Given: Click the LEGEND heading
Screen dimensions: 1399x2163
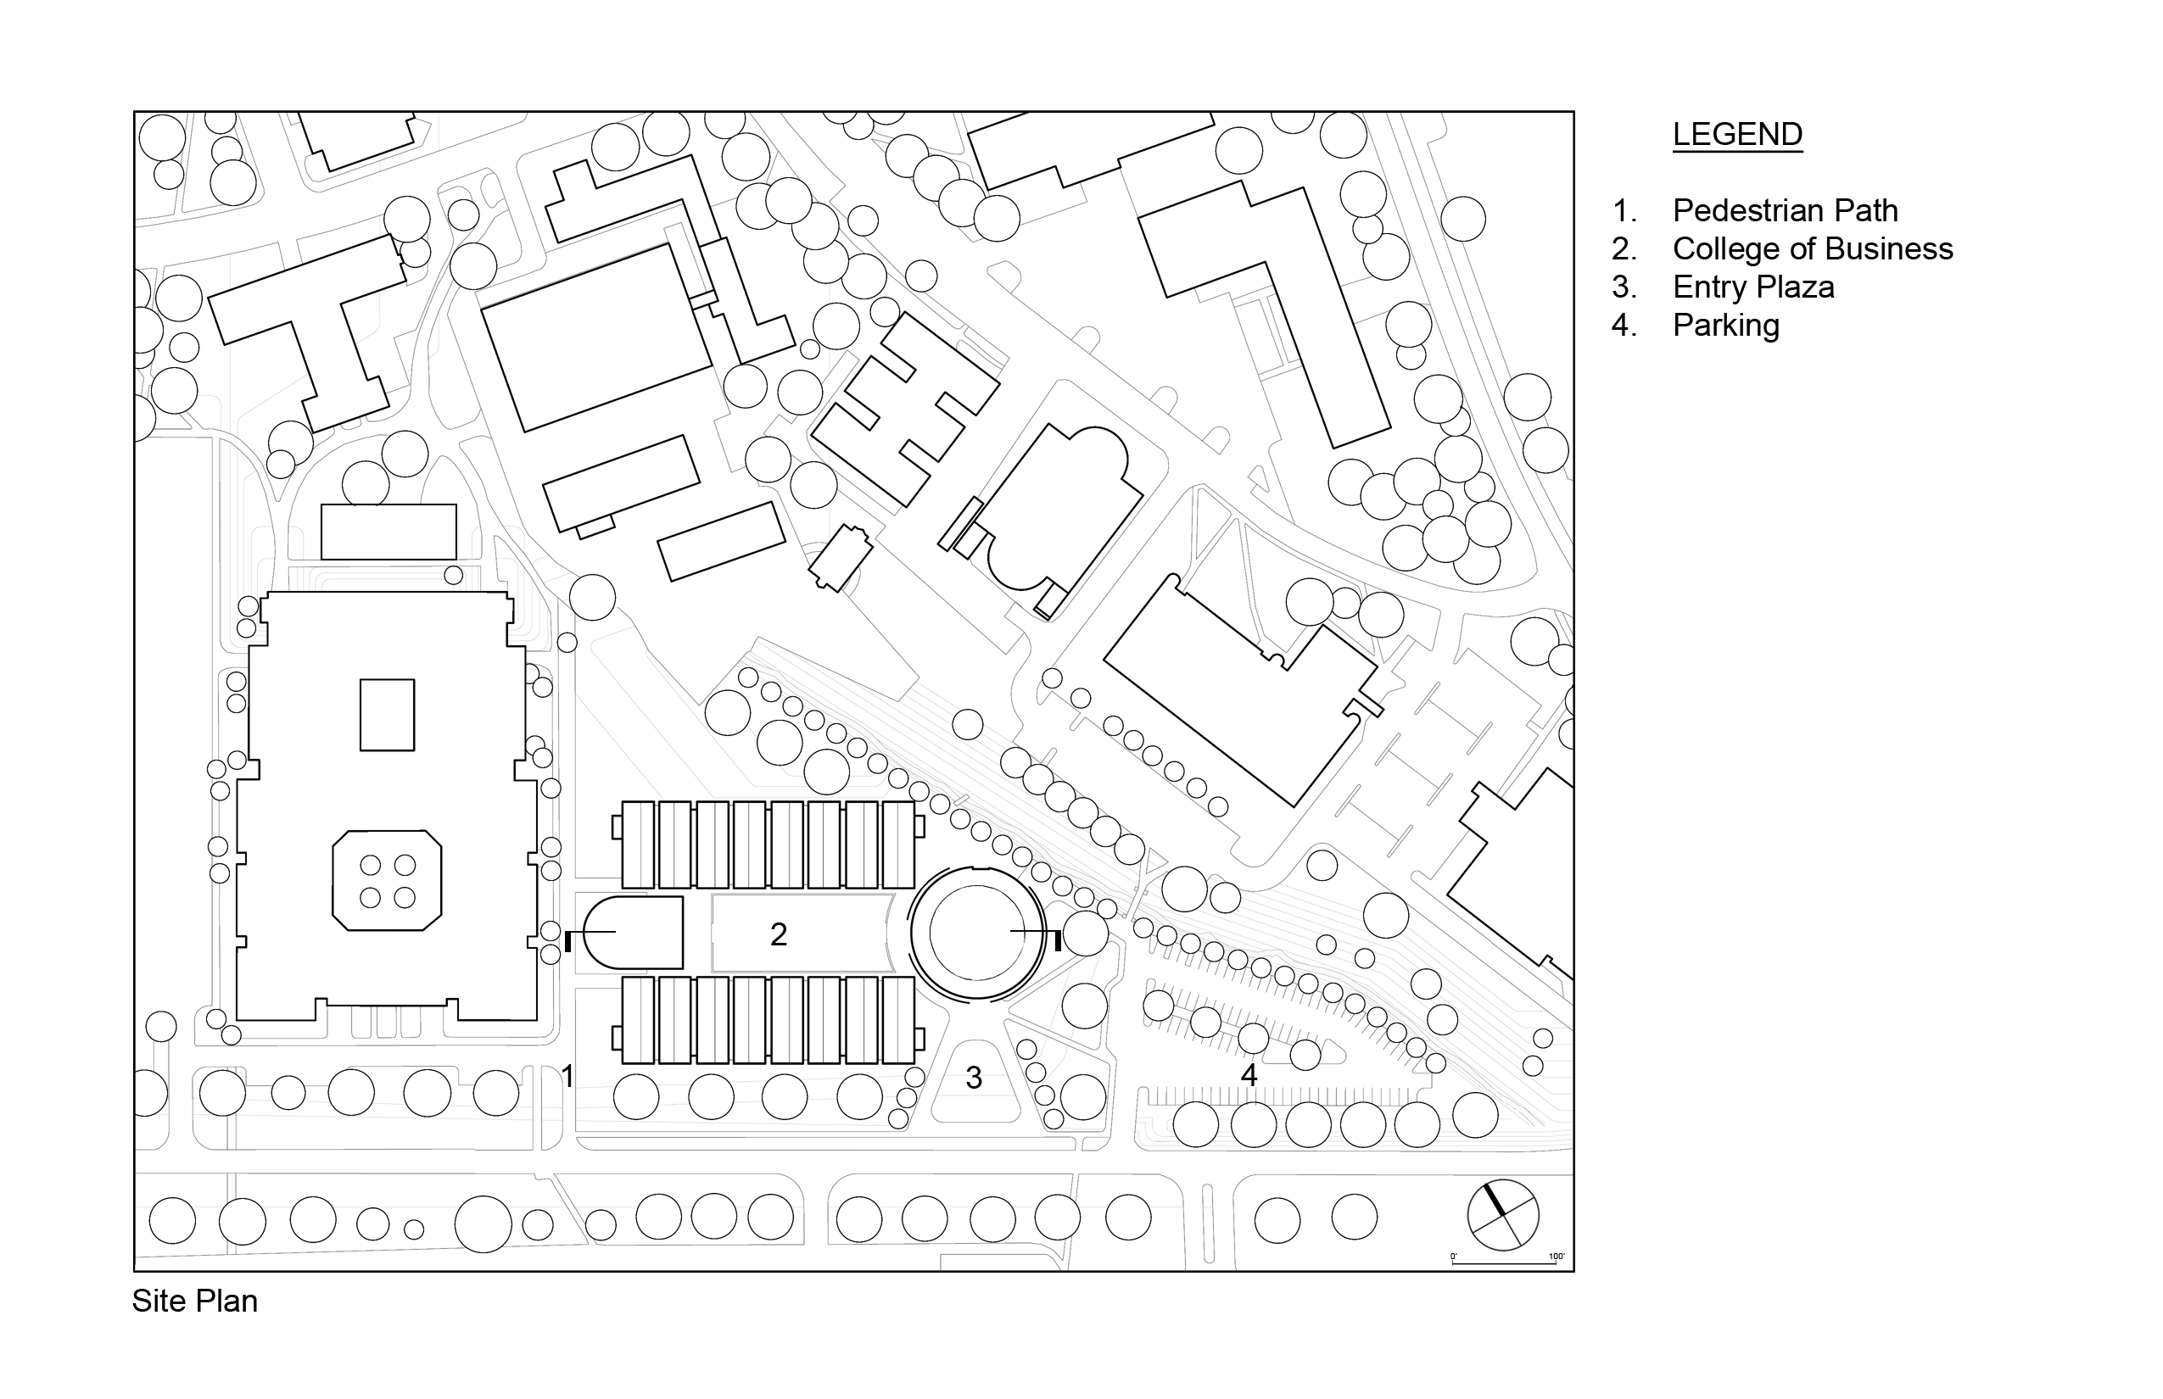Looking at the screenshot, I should (x=1737, y=135).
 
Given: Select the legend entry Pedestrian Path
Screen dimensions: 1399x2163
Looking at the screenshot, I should (x=1785, y=211).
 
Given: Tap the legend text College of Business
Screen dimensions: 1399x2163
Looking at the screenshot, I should (x=1812, y=249).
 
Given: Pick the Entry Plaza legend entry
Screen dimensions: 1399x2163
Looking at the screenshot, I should (x=1753, y=287).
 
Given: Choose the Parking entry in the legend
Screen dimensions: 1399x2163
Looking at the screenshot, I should (x=1726, y=326).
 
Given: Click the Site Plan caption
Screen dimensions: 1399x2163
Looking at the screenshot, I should (x=194, y=1301).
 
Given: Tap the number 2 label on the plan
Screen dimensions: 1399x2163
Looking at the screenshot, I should (x=778, y=934).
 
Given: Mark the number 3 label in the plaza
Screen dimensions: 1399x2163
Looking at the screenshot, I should (x=974, y=1079).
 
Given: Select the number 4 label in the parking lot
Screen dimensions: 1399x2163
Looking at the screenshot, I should (x=1249, y=1076).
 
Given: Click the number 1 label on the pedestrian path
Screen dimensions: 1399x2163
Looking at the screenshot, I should (x=567, y=1078).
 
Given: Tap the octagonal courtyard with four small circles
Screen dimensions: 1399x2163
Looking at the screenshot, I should (x=387, y=880).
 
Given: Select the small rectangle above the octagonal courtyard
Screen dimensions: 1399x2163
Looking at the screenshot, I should (x=387, y=715).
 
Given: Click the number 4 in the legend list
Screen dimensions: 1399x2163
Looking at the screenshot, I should (x=1624, y=326).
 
